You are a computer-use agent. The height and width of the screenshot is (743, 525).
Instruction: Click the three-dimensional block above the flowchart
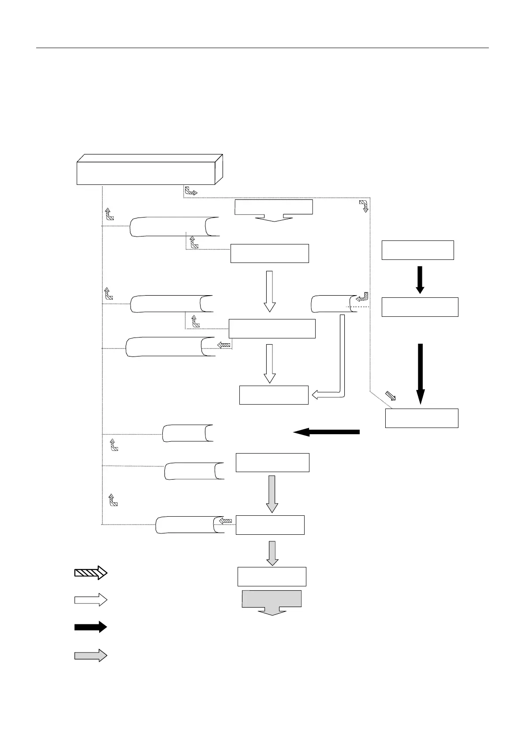[x=149, y=170]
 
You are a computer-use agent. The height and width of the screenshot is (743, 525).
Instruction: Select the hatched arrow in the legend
[x=90, y=573]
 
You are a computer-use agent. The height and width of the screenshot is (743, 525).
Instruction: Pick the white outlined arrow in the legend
[x=90, y=600]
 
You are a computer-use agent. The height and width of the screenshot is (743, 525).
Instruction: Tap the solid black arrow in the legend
[x=90, y=627]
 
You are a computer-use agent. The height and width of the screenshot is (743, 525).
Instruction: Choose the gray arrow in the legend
[x=90, y=655]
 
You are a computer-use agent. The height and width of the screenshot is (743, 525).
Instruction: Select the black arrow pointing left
[x=327, y=432]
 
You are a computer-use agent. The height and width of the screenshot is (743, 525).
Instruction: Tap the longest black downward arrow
[x=420, y=373]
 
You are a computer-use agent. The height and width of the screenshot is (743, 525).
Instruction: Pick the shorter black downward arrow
[x=420, y=279]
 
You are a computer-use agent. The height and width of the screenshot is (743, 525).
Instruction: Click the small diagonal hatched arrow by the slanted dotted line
[x=391, y=396]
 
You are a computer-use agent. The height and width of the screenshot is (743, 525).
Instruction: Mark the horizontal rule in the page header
[x=262, y=48]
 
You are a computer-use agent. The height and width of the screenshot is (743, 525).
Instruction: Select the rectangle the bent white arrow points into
[x=273, y=395]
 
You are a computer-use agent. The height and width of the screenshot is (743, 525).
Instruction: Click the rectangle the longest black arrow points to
[x=421, y=418]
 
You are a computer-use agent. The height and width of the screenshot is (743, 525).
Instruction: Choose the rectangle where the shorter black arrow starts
[x=417, y=250]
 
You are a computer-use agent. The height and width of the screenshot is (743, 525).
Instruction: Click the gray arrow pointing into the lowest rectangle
[x=272, y=553]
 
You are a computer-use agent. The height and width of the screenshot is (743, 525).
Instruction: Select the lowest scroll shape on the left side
[x=190, y=525]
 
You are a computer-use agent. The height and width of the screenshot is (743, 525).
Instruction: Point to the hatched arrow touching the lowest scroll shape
[x=226, y=521]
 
